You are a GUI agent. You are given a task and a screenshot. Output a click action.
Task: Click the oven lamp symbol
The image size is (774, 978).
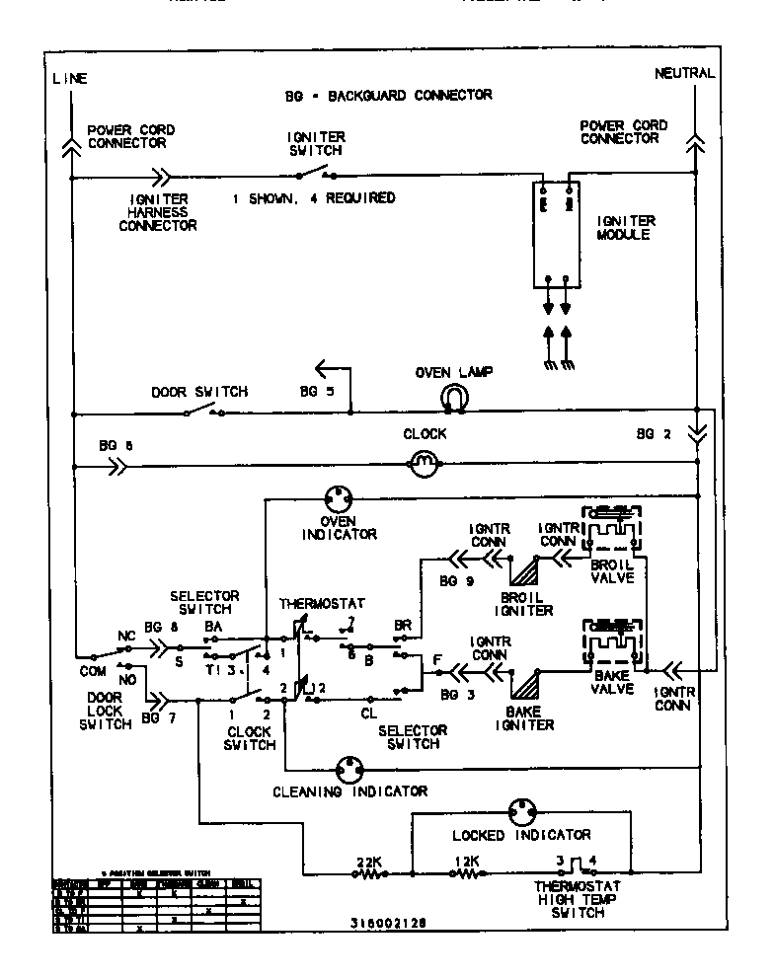click(453, 397)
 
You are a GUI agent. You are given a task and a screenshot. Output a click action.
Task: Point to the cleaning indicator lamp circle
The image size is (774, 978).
click(348, 769)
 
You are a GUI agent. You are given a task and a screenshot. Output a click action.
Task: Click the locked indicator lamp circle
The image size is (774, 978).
click(521, 812)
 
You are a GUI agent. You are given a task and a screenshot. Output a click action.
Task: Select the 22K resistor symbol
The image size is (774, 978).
click(367, 873)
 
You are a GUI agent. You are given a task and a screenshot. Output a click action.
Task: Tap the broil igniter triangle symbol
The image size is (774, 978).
click(522, 571)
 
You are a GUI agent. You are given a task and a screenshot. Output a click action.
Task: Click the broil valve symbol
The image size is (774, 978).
click(612, 534)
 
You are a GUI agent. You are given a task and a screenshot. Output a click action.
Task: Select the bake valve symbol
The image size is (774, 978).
click(612, 646)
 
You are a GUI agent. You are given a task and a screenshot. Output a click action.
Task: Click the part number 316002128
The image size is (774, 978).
click(388, 925)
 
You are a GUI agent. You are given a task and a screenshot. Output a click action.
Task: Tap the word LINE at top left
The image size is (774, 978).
click(69, 78)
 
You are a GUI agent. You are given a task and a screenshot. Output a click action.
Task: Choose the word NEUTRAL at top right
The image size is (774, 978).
click(684, 74)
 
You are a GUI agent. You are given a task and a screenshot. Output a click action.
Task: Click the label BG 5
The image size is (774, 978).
click(316, 392)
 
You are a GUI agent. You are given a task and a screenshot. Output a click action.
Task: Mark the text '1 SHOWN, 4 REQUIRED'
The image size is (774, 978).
click(313, 197)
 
